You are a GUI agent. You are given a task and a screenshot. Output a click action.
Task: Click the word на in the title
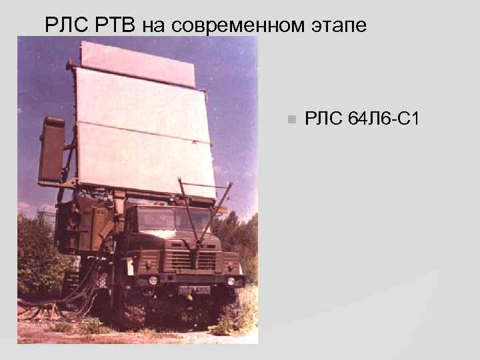[x=153, y=25]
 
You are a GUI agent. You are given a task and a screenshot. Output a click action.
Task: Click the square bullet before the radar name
[x=290, y=120]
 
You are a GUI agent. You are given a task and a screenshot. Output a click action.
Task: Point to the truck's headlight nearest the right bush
[x=231, y=281]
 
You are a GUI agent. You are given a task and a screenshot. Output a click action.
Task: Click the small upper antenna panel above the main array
[x=137, y=63]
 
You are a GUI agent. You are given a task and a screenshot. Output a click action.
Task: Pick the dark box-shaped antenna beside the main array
[x=51, y=150]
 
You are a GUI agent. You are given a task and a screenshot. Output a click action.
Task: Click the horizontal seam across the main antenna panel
[x=143, y=132]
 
